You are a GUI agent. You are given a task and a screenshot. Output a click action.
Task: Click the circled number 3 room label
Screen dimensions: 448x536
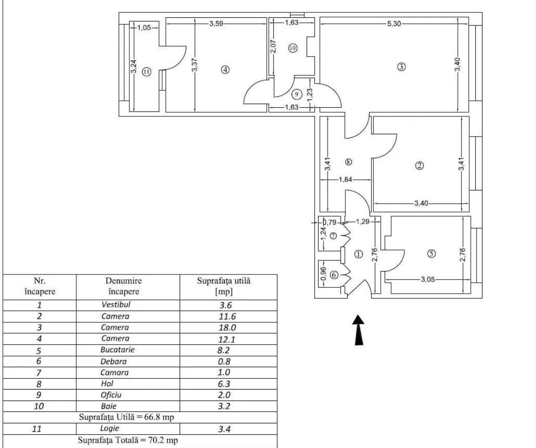click(401, 67)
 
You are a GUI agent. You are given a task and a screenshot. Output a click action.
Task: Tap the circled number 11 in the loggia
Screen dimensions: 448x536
click(146, 72)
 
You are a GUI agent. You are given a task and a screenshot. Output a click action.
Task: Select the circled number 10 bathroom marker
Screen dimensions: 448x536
click(292, 47)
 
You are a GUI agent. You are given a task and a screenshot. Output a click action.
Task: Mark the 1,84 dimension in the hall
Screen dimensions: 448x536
click(345, 179)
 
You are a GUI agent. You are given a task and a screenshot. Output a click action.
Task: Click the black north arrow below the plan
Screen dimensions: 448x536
click(360, 330)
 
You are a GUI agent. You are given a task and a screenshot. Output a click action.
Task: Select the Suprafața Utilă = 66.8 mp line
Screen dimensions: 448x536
click(126, 417)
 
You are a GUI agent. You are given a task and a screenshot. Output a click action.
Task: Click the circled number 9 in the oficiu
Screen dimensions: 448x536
click(297, 94)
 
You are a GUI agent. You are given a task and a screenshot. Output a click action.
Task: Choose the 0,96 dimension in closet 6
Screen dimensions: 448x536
click(323, 273)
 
